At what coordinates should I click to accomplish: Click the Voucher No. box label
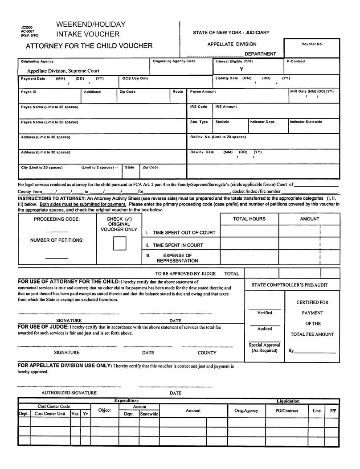[x=312, y=44]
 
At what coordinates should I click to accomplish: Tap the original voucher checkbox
[x=119, y=243]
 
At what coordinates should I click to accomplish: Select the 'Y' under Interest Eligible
[x=241, y=69]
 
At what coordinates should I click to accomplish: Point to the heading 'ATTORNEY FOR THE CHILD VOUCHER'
[x=89, y=46]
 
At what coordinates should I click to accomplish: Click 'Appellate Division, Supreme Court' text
[x=63, y=71]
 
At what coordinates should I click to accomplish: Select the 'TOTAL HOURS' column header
[x=249, y=219]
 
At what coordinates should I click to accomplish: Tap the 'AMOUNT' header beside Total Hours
[x=309, y=219]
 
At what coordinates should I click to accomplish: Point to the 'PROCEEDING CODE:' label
[x=57, y=219]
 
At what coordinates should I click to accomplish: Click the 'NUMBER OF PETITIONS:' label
[x=57, y=240]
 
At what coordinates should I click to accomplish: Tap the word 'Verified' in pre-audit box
[x=265, y=313]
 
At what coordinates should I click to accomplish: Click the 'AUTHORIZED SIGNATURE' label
[x=69, y=393]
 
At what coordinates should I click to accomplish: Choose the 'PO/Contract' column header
[x=283, y=411]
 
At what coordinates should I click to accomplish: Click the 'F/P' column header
[x=333, y=411]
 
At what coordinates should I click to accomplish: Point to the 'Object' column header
[x=104, y=410]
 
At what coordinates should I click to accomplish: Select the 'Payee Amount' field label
[x=203, y=91]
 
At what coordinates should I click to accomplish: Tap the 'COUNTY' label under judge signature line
[x=207, y=353]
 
